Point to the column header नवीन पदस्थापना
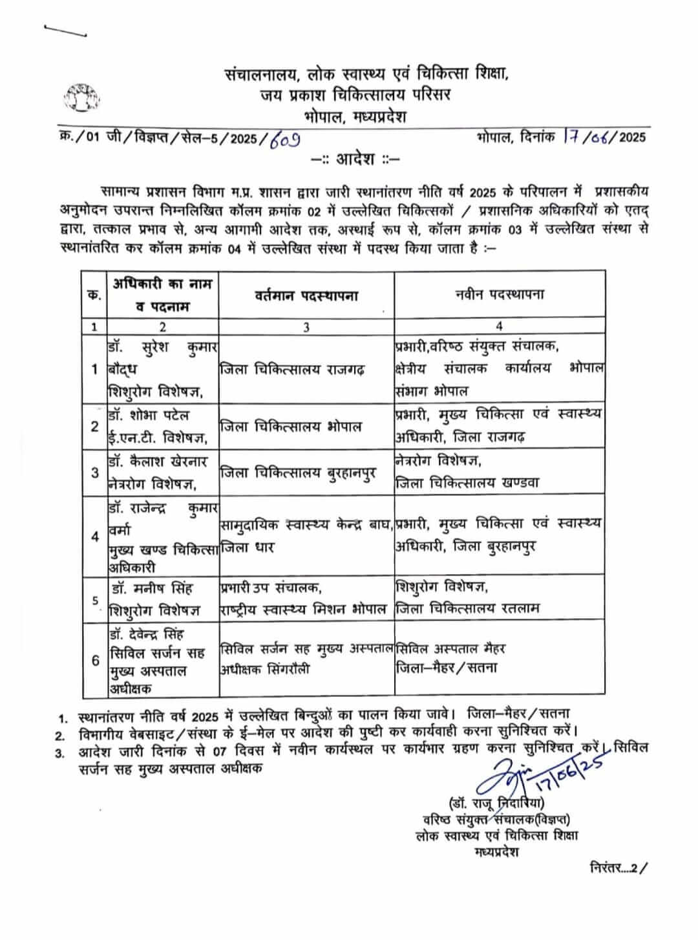coord(498,294)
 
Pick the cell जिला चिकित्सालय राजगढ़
coord(293,370)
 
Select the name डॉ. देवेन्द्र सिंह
coord(151,634)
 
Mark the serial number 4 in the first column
coord(95,536)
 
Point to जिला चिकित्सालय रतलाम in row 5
coord(467,608)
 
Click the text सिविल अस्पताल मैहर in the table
coord(450,648)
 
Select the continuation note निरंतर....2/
coord(617,868)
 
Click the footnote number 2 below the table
coord(60,736)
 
